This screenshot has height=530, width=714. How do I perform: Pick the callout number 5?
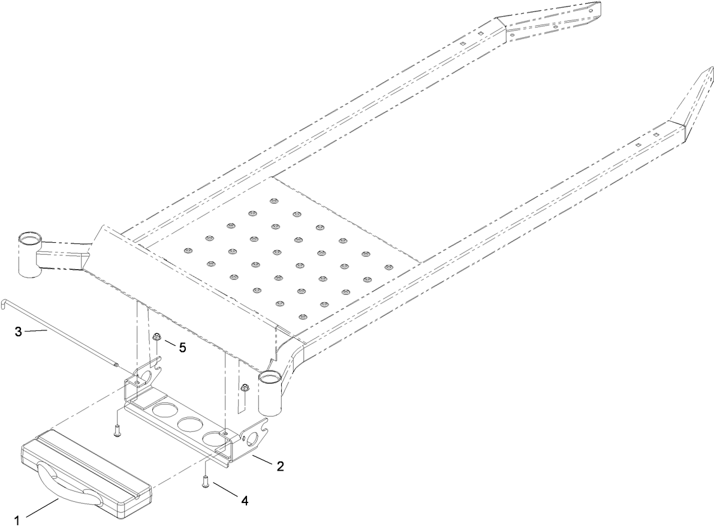coord(182,347)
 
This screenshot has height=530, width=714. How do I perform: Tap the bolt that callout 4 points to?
coord(206,480)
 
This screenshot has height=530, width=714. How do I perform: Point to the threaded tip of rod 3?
coord(117,364)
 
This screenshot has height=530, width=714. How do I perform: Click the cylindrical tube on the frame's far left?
coord(28,255)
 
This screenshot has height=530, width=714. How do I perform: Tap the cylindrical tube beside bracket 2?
coord(270,393)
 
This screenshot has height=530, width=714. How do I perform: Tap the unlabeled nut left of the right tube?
coord(245,389)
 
